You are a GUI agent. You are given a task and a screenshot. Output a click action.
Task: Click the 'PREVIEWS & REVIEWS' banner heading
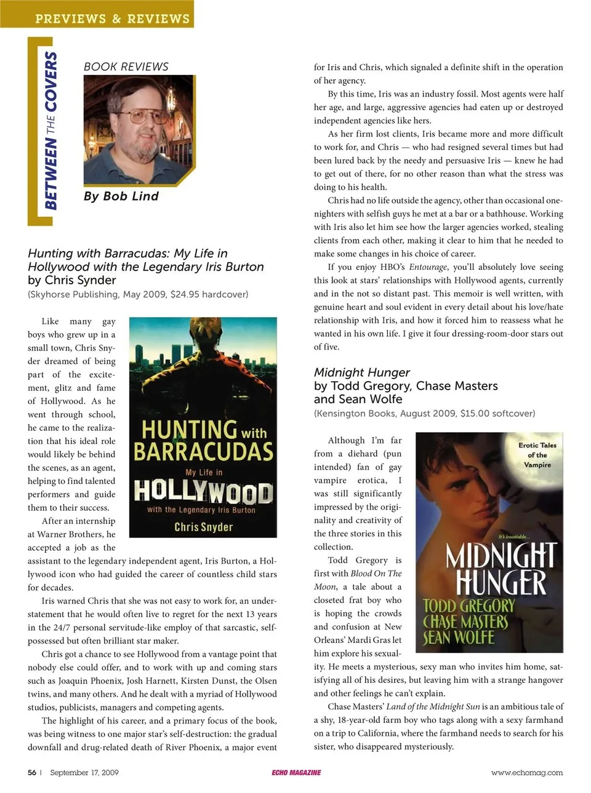(112, 18)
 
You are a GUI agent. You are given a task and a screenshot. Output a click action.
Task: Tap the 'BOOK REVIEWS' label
(126, 66)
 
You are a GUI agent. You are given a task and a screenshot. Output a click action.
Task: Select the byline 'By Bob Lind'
(121, 196)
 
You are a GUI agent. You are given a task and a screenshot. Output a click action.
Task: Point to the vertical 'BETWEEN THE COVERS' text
(50, 130)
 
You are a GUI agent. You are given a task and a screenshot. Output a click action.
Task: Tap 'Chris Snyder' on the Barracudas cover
(203, 527)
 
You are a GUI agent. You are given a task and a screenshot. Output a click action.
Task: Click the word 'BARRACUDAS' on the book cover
(204, 452)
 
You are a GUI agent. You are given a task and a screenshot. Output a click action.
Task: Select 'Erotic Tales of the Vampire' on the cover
(537, 455)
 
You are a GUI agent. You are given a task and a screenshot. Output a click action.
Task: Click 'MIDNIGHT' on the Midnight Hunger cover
(501, 556)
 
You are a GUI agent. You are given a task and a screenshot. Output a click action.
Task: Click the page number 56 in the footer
(32, 773)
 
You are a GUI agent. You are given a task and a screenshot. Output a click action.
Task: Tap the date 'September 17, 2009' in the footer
(84, 773)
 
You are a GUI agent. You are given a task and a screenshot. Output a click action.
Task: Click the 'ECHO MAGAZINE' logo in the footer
(296, 773)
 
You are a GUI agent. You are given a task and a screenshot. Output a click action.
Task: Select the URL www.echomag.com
(526, 773)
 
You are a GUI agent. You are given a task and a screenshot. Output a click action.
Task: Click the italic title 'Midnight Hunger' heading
(362, 373)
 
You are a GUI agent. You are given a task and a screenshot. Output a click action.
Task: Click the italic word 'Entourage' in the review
(428, 267)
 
